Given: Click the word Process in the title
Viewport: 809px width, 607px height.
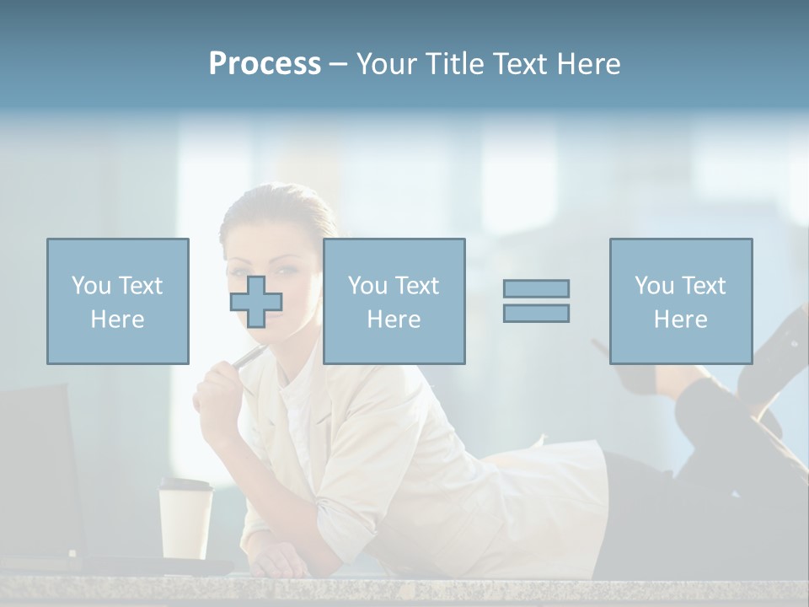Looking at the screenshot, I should pos(265,64).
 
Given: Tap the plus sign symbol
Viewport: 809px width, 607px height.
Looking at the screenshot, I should pos(256,301).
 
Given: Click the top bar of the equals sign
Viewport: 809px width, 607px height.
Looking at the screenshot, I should pos(536,288).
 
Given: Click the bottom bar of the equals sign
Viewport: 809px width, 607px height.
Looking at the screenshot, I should pos(536,313).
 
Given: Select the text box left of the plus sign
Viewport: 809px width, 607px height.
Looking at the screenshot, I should pos(117,301).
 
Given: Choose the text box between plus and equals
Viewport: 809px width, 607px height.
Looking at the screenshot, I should pos(394,301).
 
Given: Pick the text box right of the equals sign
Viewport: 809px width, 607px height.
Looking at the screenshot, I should pos(680,301).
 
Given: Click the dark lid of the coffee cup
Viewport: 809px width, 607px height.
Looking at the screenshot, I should pos(186,486).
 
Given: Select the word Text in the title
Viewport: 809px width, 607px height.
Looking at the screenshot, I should pos(517,64).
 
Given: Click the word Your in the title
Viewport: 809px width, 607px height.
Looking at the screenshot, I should pos(384,64).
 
